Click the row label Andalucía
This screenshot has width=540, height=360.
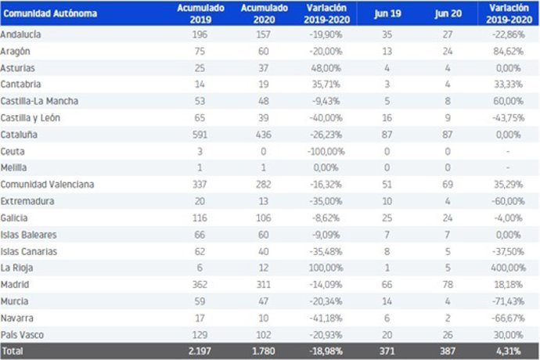tap(22, 35)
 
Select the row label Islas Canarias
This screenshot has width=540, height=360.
tap(30, 251)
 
